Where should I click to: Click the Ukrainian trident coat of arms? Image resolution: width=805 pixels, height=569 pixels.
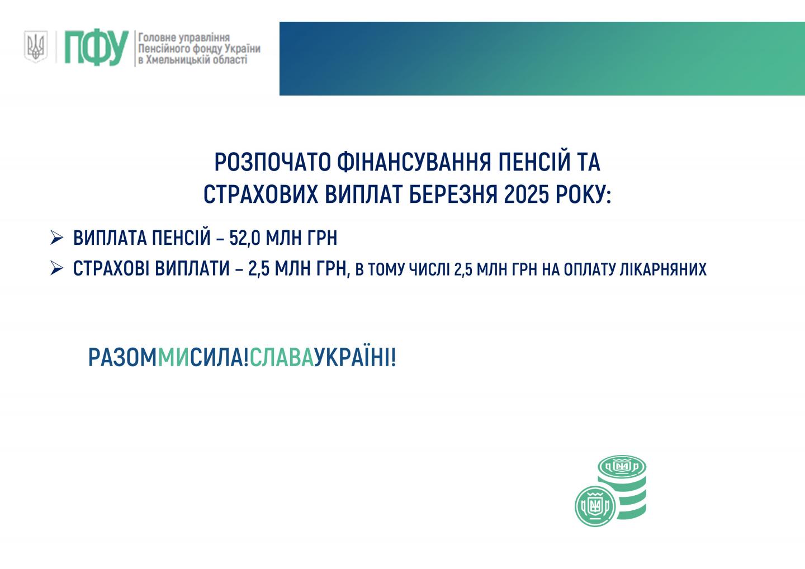(36, 46)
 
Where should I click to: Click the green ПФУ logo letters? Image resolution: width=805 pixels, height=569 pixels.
(96, 48)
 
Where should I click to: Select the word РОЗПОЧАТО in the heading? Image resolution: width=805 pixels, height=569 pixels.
(272, 162)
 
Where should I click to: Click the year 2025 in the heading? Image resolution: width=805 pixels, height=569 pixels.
(526, 195)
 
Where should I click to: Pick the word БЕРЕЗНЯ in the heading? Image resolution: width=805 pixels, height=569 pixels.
(453, 195)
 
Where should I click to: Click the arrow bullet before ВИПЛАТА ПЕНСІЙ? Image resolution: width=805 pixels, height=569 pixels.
(57, 238)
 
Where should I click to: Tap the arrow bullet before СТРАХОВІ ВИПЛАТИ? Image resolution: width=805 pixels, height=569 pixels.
(57, 268)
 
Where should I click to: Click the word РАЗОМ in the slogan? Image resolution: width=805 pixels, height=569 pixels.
(122, 358)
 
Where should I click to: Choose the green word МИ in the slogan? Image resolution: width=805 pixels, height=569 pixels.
(173, 358)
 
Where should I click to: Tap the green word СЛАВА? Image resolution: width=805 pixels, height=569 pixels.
(282, 358)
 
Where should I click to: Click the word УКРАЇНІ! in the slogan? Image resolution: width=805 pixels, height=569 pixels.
(355, 358)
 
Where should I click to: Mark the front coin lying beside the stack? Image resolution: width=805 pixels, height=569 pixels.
(595, 506)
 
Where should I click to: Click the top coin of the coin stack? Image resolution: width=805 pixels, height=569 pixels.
(622, 467)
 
